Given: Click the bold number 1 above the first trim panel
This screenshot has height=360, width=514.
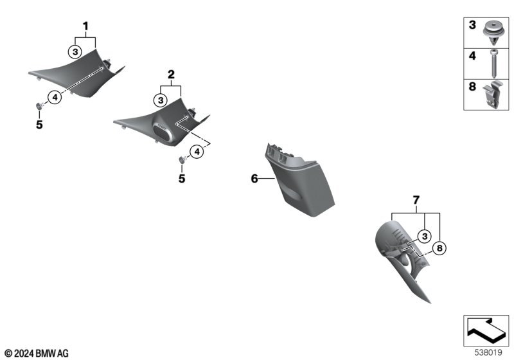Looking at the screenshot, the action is point(86,26).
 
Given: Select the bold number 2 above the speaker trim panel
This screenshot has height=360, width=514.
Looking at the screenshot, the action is point(171,75).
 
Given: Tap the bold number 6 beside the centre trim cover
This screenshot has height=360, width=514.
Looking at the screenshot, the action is point(254,179).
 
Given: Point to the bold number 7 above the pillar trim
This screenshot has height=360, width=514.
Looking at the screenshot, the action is point(416,200).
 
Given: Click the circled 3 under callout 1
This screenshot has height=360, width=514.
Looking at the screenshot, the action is point(75,52).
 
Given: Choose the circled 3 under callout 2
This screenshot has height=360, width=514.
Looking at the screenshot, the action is point(161,100).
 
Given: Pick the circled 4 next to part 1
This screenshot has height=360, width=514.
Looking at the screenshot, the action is point(55,97).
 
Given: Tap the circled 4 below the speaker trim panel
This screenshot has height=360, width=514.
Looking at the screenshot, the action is point(197,152).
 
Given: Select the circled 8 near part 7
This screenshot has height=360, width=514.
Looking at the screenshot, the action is point(439,248).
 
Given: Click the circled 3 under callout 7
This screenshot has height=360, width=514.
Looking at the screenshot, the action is point(425,236).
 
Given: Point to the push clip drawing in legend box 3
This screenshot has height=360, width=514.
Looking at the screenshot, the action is point(493,33).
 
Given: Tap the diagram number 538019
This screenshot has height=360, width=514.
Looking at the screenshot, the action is point(488,352).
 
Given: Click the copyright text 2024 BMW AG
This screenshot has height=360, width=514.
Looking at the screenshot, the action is point(37,354).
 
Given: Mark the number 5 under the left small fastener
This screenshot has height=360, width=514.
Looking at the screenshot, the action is point(39,125).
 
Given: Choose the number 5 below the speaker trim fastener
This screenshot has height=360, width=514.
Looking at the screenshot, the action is point(182,179).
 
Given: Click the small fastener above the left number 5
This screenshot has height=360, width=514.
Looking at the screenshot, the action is point(40,106).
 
